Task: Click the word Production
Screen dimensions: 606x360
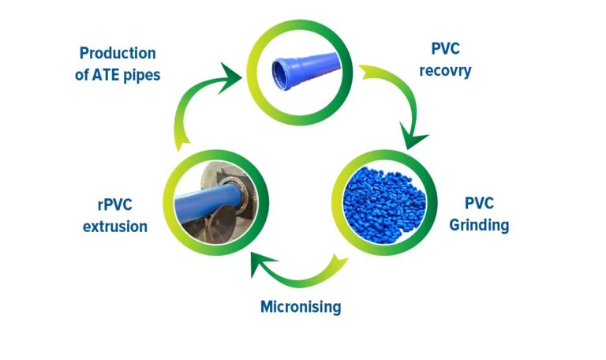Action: (x=118, y=53)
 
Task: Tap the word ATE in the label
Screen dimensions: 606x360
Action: (x=106, y=75)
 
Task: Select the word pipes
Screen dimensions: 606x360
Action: (x=141, y=76)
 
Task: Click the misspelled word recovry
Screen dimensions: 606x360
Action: (x=445, y=71)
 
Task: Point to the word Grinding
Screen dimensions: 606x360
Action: (x=479, y=225)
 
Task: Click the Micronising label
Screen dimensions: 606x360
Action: (x=301, y=307)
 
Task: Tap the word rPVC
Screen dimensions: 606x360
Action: (x=114, y=205)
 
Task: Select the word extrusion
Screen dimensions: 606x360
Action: (x=115, y=227)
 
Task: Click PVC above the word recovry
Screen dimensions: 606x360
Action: (x=445, y=49)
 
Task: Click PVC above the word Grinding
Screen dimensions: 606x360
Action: (x=479, y=204)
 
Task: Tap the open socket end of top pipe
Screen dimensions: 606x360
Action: (x=280, y=74)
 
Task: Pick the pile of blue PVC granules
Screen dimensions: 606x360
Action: (x=384, y=205)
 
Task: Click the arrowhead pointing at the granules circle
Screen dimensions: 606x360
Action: (x=413, y=137)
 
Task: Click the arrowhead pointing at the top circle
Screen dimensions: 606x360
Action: (x=230, y=77)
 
